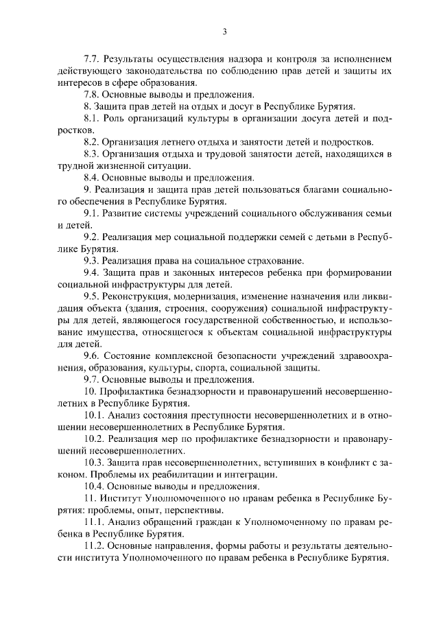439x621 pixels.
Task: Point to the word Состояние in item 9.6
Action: point(126,356)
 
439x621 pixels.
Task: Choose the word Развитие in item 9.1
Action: point(123,213)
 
